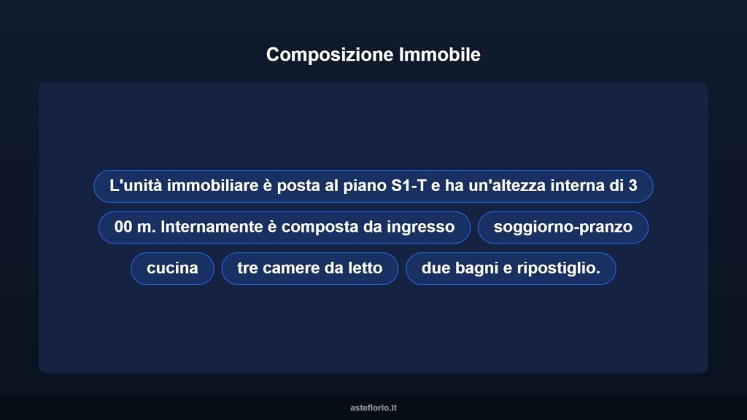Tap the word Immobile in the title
tap(440, 55)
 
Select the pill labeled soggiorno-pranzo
tap(562, 227)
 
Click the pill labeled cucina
tap(172, 268)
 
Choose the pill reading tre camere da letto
tap(309, 268)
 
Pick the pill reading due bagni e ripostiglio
tap(510, 268)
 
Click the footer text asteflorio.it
tap(373, 408)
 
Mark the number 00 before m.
tap(123, 227)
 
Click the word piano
tap(365, 186)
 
